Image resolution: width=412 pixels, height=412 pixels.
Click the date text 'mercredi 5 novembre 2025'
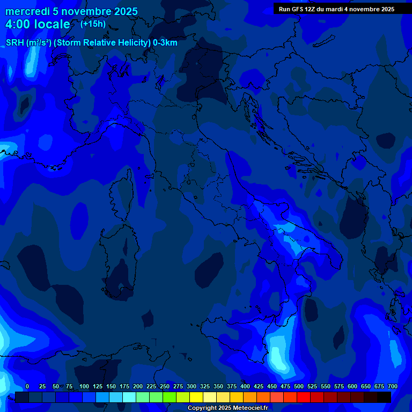[71, 11]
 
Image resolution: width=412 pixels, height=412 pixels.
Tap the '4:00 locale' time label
[38, 24]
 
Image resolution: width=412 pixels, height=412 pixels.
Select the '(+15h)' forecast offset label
[93, 24]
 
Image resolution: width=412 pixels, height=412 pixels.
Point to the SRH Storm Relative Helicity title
[91, 43]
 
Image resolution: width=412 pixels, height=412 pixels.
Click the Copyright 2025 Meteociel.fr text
[227, 408]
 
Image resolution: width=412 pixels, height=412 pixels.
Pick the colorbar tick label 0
[27, 386]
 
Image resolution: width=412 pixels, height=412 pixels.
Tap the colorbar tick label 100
[84, 386]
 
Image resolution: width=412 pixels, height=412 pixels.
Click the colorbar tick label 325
[205, 386]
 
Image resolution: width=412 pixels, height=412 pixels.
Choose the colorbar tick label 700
[393, 386]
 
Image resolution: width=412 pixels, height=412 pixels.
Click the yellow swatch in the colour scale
[196, 397]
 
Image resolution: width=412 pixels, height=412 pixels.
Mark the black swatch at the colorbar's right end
[384, 397]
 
